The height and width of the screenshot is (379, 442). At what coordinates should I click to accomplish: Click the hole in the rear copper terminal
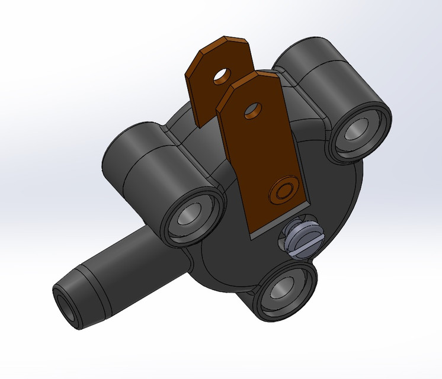pyautogui.click(x=223, y=75)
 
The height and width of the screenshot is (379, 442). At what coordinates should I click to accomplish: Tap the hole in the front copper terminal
pyautogui.click(x=253, y=109)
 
